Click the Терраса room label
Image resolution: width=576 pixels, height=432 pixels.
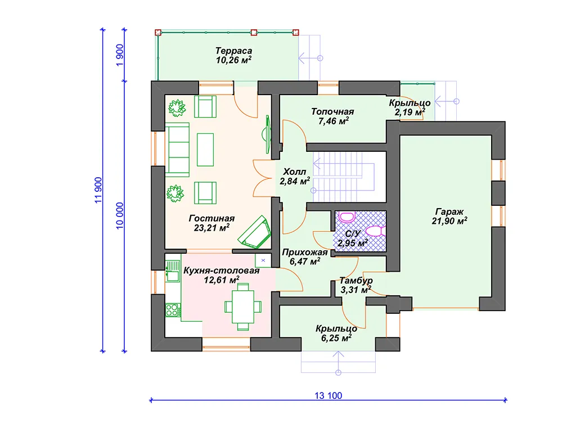click(233, 51)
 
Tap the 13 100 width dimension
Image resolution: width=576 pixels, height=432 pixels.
click(328, 395)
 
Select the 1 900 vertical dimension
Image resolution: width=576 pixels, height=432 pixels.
click(120, 55)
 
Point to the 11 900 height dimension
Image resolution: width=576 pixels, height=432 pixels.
click(98, 190)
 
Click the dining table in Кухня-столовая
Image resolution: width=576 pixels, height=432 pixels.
click(243, 307)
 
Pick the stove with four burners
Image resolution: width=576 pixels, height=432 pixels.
click(173, 310)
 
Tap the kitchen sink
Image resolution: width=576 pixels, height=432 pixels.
click(172, 271)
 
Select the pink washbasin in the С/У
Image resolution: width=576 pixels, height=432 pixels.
click(346, 217)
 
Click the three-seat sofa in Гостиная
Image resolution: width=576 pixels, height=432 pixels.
click(177, 150)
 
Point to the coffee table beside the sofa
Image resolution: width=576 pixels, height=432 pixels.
click(205, 150)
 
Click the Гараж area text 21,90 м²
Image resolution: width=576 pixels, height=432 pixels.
click(449, 221)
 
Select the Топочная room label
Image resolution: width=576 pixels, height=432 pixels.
click(332, 111)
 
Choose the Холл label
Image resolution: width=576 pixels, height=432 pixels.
click(295, 172)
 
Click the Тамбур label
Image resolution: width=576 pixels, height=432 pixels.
click(356, 280)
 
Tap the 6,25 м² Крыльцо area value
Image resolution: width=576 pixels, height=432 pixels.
click(336, 338)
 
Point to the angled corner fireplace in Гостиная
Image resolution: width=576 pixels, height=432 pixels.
click(254, 232)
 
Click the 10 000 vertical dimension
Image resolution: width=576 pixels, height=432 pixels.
click(120, 215)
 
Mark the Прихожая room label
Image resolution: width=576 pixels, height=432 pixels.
click(304, 253)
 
